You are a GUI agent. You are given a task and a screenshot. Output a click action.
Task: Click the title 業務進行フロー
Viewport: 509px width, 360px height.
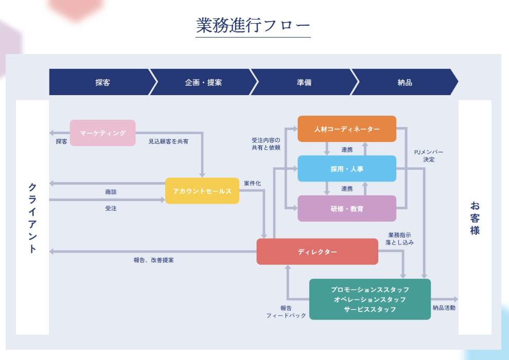coord(253,25)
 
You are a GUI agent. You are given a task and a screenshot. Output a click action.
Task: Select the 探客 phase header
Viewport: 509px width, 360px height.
coord(102,82)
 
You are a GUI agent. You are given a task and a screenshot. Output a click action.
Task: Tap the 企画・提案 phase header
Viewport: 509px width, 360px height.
coord(203,82)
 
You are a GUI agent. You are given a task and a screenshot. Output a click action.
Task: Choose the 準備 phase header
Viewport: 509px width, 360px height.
coord(304,82)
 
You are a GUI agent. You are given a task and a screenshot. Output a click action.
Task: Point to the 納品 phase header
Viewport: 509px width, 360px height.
coord(405,82)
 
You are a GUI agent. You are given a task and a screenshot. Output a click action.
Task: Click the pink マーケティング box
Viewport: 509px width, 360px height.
coord(103,133)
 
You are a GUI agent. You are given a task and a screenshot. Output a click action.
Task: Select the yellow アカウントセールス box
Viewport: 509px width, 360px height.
coord(202,191)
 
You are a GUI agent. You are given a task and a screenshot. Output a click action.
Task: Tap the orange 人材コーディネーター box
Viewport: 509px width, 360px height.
coord(347,129)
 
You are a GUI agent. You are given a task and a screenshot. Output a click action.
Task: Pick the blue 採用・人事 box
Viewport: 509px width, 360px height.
coord(347,169)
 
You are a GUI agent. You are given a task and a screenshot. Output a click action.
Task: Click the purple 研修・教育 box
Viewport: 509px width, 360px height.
coord(347,208)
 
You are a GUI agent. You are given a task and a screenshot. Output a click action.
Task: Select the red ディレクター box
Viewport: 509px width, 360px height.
coord(317,251)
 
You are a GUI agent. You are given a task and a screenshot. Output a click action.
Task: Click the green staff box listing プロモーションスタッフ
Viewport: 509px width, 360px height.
coord(370,299)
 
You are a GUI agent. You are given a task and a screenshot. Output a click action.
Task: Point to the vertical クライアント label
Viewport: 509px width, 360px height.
coord(32,218)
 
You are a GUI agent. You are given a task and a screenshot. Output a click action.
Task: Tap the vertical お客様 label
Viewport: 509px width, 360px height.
coord(475,218)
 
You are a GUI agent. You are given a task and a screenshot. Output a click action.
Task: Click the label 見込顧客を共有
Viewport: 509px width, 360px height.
coord(168,141)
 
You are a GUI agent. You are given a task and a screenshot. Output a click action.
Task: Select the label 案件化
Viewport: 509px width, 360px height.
coord(252,183)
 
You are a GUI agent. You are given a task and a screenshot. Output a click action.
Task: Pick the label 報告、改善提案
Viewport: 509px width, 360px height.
coord(153,260)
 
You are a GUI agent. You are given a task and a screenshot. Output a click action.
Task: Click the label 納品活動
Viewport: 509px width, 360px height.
coord(444,308)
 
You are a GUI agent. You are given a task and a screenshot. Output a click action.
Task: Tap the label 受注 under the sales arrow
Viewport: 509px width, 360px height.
coord(111,208)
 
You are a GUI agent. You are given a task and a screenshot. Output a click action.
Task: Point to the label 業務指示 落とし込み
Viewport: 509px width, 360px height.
coord(399,239)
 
